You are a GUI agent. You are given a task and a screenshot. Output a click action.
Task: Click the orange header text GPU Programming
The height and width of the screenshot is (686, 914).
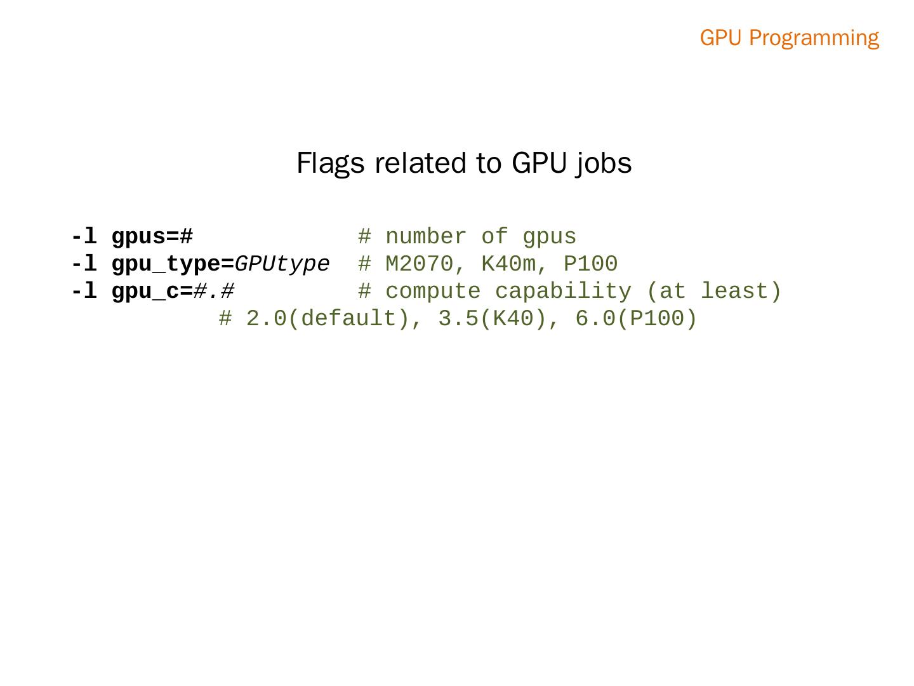(789, 38)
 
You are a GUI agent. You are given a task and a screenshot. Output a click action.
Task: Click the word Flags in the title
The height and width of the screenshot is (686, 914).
(330, 163)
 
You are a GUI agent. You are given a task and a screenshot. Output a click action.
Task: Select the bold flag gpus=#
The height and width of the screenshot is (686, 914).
(152, 237)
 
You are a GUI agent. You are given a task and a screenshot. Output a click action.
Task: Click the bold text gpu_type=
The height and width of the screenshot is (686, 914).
(173, 264)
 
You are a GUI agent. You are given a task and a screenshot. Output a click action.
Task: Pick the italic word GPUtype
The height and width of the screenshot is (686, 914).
(282, 264)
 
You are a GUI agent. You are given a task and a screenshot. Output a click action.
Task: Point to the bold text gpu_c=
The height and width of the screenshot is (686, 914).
(152, 292)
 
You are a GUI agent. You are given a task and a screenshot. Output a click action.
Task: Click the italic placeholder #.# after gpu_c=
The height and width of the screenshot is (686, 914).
(214, 292)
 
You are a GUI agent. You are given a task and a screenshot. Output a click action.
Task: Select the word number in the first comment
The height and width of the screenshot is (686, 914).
(426, 237)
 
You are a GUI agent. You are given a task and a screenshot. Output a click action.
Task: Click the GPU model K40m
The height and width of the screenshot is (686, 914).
(508, 264)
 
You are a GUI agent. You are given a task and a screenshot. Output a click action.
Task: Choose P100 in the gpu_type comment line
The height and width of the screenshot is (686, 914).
(590, 264)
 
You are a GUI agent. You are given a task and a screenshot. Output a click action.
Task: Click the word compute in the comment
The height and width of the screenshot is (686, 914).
(433, 292)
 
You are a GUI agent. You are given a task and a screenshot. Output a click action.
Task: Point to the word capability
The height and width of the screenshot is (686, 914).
(563, 292)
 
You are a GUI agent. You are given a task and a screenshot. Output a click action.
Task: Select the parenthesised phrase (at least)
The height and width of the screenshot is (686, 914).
(713, 292)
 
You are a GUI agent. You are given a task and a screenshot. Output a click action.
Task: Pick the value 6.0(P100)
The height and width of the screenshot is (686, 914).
(636, 319)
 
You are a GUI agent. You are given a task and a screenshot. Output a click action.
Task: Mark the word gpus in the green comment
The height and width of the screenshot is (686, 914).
(550, 237)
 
